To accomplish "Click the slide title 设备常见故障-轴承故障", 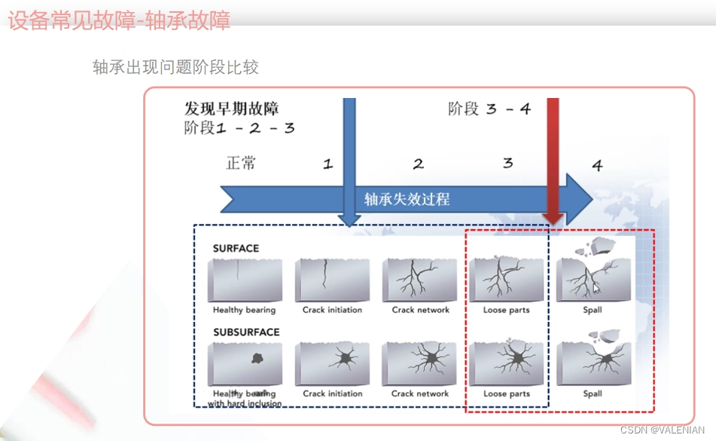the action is [119, 20].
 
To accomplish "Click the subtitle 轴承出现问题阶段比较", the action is [175, 67].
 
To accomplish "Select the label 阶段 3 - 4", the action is [489, 109].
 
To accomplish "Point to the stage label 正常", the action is [241, 163].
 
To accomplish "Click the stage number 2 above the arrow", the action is [419, 164].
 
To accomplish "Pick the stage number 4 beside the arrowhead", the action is [597, 165].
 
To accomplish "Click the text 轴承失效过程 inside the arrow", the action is [407, 199].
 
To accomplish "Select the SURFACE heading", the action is [236, 248].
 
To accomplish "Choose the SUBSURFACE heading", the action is [246, 332].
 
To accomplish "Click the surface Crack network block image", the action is [419, 280].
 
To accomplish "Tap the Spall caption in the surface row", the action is [593, 310].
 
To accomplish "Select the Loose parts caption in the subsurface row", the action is [506, 394].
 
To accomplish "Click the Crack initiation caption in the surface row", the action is [332, 310].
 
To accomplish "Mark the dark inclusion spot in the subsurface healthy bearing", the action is [257, 360].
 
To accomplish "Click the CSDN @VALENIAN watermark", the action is [663, 429].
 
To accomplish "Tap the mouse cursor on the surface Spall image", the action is [596, 287].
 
